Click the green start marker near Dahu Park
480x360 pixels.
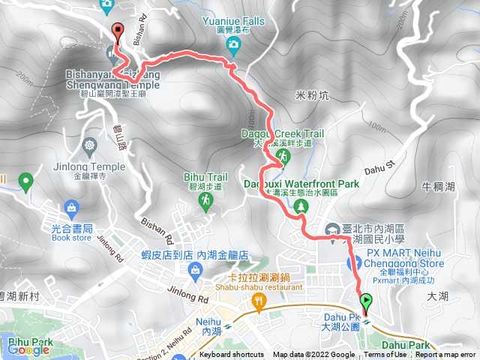tap(366, 304)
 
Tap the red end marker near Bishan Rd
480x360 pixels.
tap(118, 31)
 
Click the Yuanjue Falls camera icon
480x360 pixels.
tap(233, 46)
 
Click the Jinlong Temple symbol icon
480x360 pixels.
tap(91, 144)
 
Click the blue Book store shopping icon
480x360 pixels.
tap(72, 206)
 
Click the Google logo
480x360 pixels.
tap(28, 350)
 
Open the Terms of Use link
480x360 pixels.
tap(385, 355)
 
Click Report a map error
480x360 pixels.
tap(446, 355)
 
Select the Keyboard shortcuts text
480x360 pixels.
tap(232, 355)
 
